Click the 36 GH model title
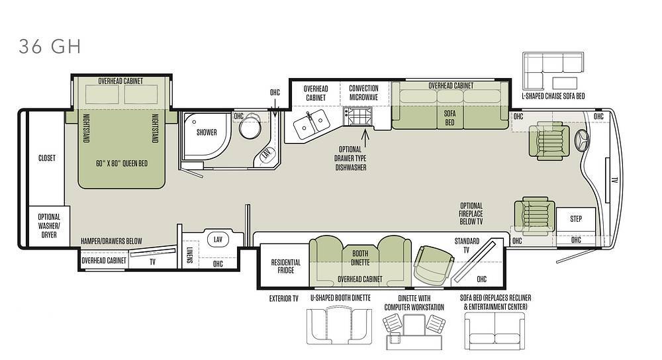point(50,46)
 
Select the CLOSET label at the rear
point(47,158)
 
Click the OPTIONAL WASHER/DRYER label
point(49,226)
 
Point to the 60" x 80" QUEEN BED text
point(122,163)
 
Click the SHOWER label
point(207,132)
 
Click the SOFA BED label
point(449,118)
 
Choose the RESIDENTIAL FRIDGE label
point(286,266)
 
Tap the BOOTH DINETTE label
point(360,258)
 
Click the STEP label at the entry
point(576,218)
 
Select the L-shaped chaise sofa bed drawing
point(553,70)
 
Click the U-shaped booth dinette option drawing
point(340,326)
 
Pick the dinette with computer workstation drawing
point(414,332)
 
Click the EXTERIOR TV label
point(284,299)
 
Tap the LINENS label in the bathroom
point(189,255)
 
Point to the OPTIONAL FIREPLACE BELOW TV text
point(471,214)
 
